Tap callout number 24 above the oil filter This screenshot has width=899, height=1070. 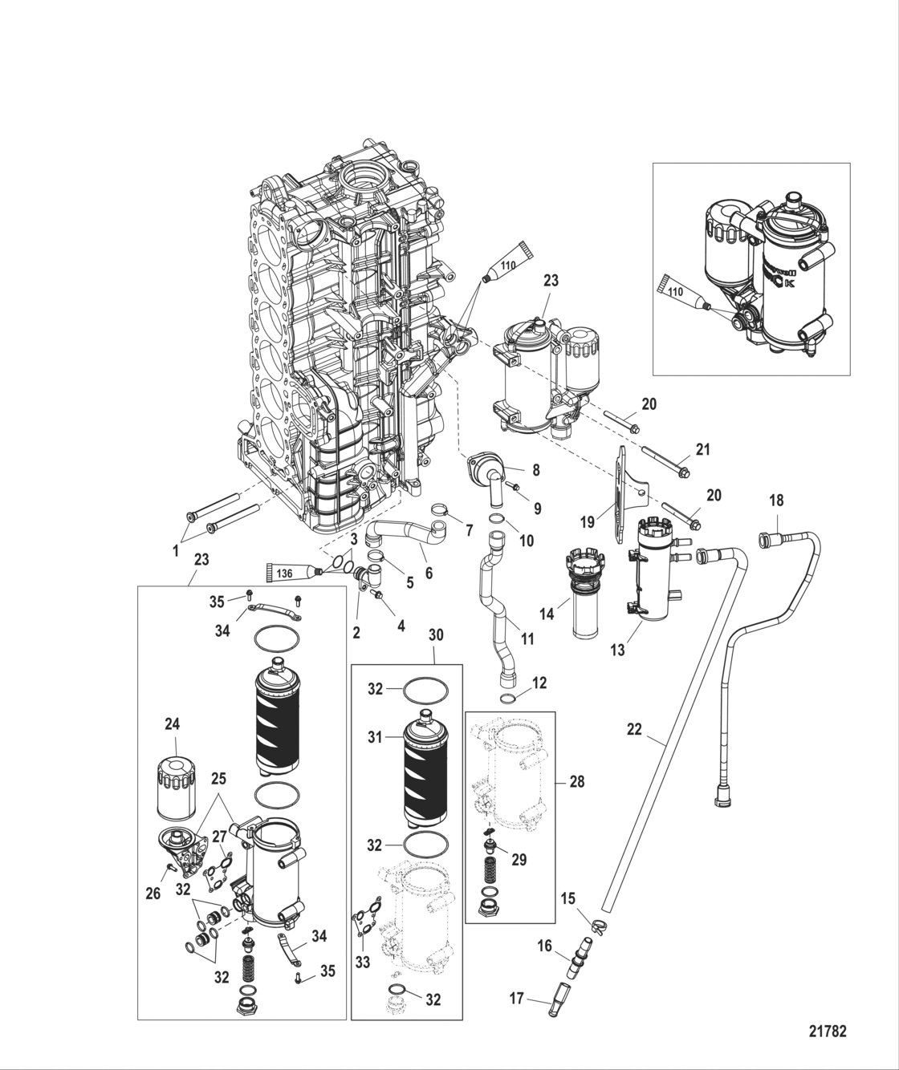point(173,724)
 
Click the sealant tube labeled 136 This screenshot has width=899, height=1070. point(291,571)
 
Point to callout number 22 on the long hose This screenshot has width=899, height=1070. point(634,731)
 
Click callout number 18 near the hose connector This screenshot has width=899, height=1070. point(776,500)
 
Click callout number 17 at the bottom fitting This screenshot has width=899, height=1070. point(516,999)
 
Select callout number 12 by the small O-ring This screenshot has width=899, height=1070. point(539,683)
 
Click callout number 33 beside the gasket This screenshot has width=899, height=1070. point(363,963)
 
